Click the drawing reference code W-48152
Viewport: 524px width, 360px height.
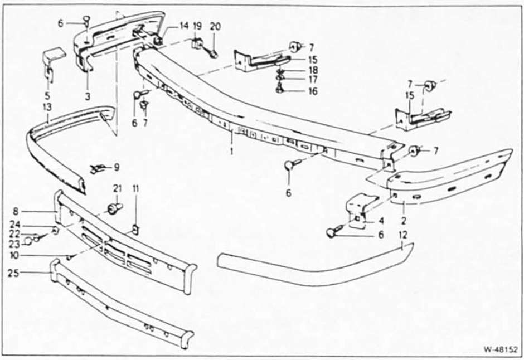coord(500,349)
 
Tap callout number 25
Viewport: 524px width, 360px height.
coord(14,273)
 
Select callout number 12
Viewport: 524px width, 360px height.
coord(404,235)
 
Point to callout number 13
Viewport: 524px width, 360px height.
coord(47,107)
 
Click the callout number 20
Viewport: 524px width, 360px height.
coord(215,26)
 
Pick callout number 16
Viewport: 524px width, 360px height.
coord(313,91)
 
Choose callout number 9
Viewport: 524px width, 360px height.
coord(117,167)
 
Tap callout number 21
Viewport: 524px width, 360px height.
coord(117,189)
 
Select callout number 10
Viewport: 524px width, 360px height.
coord(14,255)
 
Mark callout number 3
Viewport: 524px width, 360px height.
coord(88,96)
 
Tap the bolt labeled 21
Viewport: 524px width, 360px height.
coord(114,208)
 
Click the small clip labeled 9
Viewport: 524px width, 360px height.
coord(96,169)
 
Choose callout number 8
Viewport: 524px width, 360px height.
coord(16,211)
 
